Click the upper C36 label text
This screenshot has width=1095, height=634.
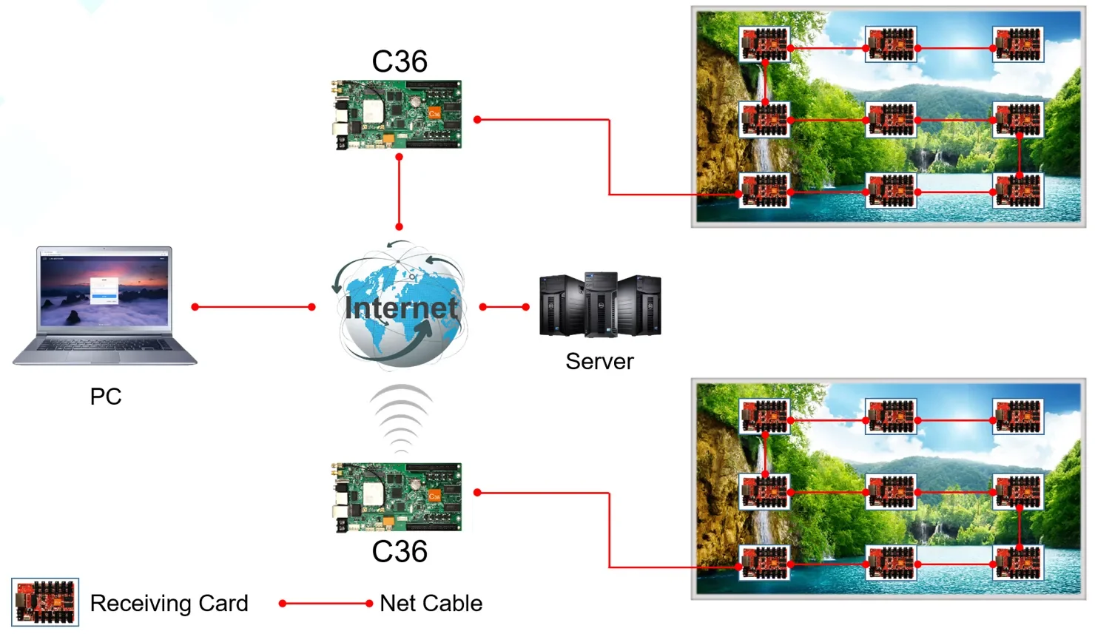(400, 61)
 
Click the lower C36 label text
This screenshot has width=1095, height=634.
(400, 552)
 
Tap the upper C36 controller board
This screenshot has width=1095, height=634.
(397, 115)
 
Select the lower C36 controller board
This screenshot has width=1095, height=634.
(397, 497)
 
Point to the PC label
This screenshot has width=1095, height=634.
(106, 397)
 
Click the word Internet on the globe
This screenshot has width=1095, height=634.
(401, 308)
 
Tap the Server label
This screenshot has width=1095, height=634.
(599, 362)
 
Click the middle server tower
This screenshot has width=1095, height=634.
(601, 304)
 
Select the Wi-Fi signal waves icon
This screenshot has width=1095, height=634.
(401, 418)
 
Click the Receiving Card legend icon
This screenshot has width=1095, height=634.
(45, 602)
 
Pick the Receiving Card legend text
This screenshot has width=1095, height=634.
(169, 604)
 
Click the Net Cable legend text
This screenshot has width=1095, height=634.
(431, 604)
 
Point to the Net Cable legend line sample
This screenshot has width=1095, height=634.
(326, 604)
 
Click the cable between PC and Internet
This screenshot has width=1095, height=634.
(253, 307)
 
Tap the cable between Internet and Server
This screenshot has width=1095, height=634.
(505, 307)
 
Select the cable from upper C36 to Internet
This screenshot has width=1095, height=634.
(399, 192)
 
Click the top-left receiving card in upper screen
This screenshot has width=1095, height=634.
(764, 44)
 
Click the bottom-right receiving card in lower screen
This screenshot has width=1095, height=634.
(1018, 563)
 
